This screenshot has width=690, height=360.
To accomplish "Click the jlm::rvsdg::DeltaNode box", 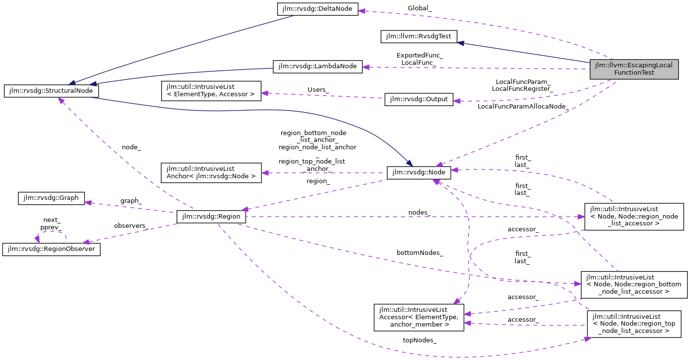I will click(x=317, y=9).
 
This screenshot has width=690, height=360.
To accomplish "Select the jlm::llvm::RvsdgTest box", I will click(x=419, y=36).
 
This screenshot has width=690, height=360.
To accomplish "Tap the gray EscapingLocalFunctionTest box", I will click(x=634, y=69).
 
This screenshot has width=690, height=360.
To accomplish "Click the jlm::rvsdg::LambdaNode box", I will click(x=317, y=67).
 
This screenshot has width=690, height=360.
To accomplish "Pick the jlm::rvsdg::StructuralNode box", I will click(x=51, y=91).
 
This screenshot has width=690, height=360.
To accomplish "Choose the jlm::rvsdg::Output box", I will click(x=419, y=99).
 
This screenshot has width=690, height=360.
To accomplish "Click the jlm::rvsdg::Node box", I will click(x=419, y=172).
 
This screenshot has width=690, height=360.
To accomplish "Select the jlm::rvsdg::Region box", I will click(x=211, y=217).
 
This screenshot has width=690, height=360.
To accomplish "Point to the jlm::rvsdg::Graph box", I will click(x=51, y=198).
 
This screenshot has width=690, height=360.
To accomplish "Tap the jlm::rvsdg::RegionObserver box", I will click(x=51, y=249).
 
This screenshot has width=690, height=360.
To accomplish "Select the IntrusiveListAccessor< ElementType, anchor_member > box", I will click(x=419, y=317).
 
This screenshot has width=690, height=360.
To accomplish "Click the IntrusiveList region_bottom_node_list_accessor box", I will click(x=633, y=284).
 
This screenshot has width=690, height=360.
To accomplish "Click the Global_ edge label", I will click(x=419, y=8).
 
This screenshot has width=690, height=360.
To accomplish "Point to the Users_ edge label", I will click(x=318, y=89).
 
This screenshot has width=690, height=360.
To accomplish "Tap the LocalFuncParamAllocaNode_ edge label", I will click(x=522, y=106).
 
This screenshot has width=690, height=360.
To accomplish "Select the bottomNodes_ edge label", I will click(x=420, y=252).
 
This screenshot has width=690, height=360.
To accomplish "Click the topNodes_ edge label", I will click(x=420, y=340).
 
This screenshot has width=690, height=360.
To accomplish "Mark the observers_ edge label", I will click(x=130, y=225).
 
